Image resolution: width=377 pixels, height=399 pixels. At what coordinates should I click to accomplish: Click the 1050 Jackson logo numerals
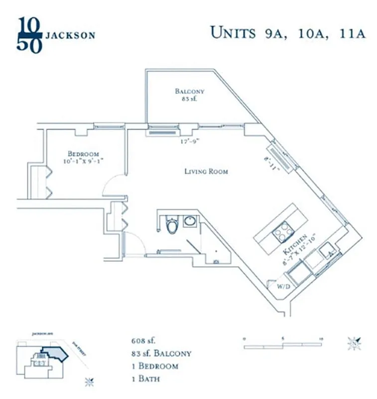point(29,34)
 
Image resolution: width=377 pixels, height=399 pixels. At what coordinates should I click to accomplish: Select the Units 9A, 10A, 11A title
point(288,33)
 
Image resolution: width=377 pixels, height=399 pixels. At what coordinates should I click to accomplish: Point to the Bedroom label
point(83,154)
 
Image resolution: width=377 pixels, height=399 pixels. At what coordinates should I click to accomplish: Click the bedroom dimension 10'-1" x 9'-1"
point(84,162)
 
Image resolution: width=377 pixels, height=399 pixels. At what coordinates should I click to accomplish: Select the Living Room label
point(206,172)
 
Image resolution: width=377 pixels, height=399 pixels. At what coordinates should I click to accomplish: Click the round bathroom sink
point(189,220)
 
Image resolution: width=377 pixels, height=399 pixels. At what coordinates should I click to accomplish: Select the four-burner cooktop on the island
point(282,231)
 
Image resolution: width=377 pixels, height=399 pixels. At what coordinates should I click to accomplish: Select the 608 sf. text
point(141,342)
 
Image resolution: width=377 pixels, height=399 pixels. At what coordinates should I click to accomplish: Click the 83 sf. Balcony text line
point(158,354)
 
